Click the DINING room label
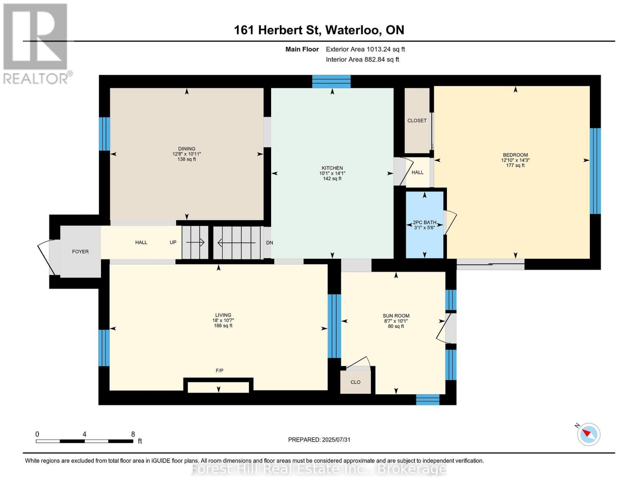pos(187,149)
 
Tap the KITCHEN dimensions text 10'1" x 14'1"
pos(332,173)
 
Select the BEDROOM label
pos(515,155)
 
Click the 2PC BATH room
pos(424,225)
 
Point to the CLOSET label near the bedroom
pos(417,120)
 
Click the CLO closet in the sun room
pos(355,382)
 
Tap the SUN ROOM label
pos(396,316)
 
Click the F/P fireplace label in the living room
pos(219,371)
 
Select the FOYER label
pos(80,251)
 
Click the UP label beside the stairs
pos(173,242)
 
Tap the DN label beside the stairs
pos(269,243)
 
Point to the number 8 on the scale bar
pos(133,434)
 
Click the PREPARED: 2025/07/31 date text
pos(319,440)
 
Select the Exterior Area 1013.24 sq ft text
pos(365,49)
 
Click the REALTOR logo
pos(36,43)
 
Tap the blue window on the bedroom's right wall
pos(595,171)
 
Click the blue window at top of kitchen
pos(331,81)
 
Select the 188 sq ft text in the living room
pos(223,326)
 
